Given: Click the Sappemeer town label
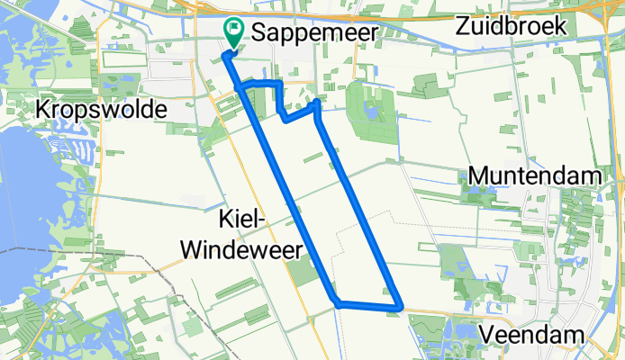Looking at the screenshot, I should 312,32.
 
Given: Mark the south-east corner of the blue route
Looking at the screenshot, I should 397,308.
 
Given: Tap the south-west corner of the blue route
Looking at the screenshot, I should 336,302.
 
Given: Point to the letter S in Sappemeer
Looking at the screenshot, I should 260,32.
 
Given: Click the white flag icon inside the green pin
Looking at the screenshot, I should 235,29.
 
